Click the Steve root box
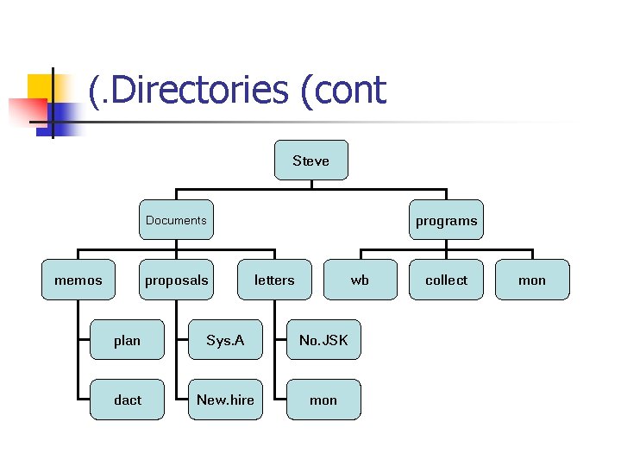point(311,161)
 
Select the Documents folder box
point(177,220)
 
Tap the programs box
point(446,220)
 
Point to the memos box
point(78,280)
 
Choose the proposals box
point(177,280)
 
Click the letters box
point(274,280)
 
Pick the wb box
point(360,280)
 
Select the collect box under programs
point(446,280)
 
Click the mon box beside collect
point(532,280)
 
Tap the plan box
point(127,340)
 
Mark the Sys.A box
point(225,340)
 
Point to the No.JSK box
point(323,340)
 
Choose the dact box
point(127,400)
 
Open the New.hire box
point(225,400)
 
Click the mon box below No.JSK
point(323,400)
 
